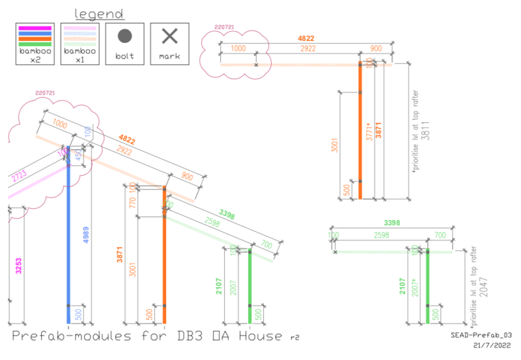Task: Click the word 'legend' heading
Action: click(x=99, y=14)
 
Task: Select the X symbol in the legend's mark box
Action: click(x=169, y=36)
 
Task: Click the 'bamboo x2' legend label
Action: click(x=35, y=54)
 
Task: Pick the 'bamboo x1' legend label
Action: click(x=79, y=54)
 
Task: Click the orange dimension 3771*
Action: click(x=369, y=132)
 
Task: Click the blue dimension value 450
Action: click(x=79, y=156)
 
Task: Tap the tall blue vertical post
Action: click(x=68, y=247)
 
